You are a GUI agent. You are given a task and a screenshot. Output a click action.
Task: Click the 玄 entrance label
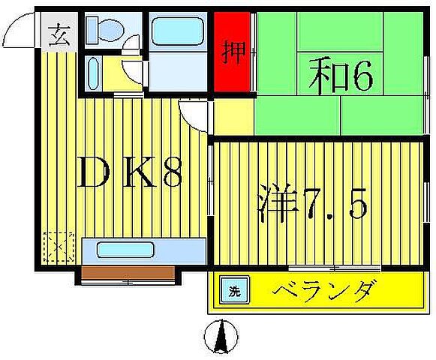click(59, 34)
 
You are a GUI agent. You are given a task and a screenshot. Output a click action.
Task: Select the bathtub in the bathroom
click(178, 33)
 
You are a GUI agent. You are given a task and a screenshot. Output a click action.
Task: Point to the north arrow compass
click(222, 336)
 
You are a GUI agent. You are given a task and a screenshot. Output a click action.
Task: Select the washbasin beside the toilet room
click(93, 73)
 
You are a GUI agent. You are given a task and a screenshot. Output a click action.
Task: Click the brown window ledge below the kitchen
click(127, 274)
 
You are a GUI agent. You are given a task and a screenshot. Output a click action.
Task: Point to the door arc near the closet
click(194, 116)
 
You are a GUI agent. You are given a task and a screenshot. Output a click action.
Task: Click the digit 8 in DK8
click(170, 174)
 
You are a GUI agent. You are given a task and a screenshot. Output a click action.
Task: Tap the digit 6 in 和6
click(360, 76)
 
